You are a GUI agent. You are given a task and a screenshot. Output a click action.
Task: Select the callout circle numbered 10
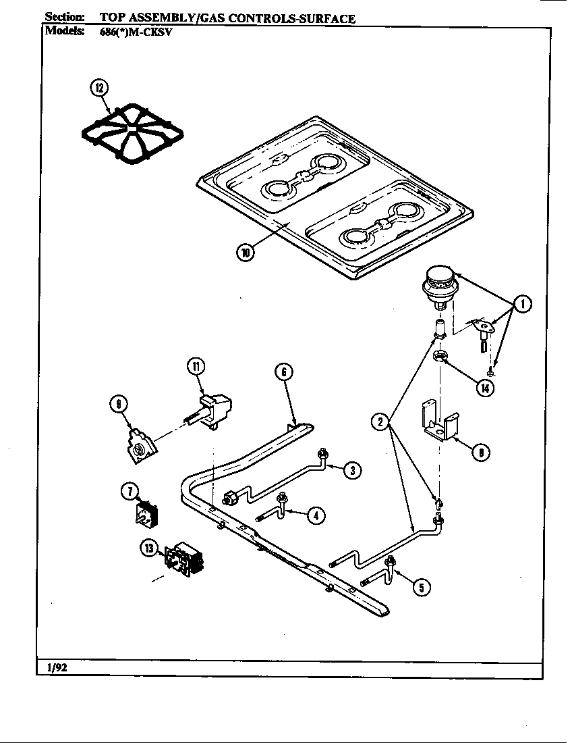tap(246, 252)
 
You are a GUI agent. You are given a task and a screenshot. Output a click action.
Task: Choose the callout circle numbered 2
tap(380, 422)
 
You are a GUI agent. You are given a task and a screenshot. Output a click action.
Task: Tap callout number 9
tap(119, 404)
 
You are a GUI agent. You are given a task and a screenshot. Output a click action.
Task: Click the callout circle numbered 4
tap(314, 515)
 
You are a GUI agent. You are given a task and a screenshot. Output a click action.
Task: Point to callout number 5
tap(421, 587)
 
